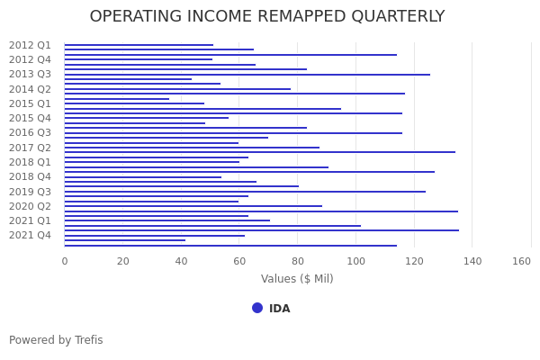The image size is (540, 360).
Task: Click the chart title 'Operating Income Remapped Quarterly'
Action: coord(267,17)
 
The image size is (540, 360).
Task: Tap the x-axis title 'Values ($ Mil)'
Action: coord(297,279)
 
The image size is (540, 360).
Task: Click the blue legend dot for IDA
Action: coord(257,308)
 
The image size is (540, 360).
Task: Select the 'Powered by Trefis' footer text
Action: coord(56,340)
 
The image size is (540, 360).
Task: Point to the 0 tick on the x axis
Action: coord(64,261)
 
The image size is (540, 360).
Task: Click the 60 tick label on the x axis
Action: coord(239,261)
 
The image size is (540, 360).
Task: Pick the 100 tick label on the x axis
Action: coord(355,261)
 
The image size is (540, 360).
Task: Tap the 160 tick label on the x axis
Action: coord(522,261)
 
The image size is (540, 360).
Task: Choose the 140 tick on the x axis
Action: coord(472,261)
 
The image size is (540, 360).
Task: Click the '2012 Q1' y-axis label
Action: coord(30,45)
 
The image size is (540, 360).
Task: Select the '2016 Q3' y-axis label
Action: coord(30,132)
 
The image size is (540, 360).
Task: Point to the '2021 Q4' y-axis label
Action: coord(30,235)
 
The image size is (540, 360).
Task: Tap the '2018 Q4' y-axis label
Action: coord(30,176)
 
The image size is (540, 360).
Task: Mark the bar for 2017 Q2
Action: coord(191,148)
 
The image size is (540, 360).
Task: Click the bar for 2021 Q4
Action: coord(153,236)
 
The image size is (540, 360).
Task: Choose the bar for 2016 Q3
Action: coord(232,133)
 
